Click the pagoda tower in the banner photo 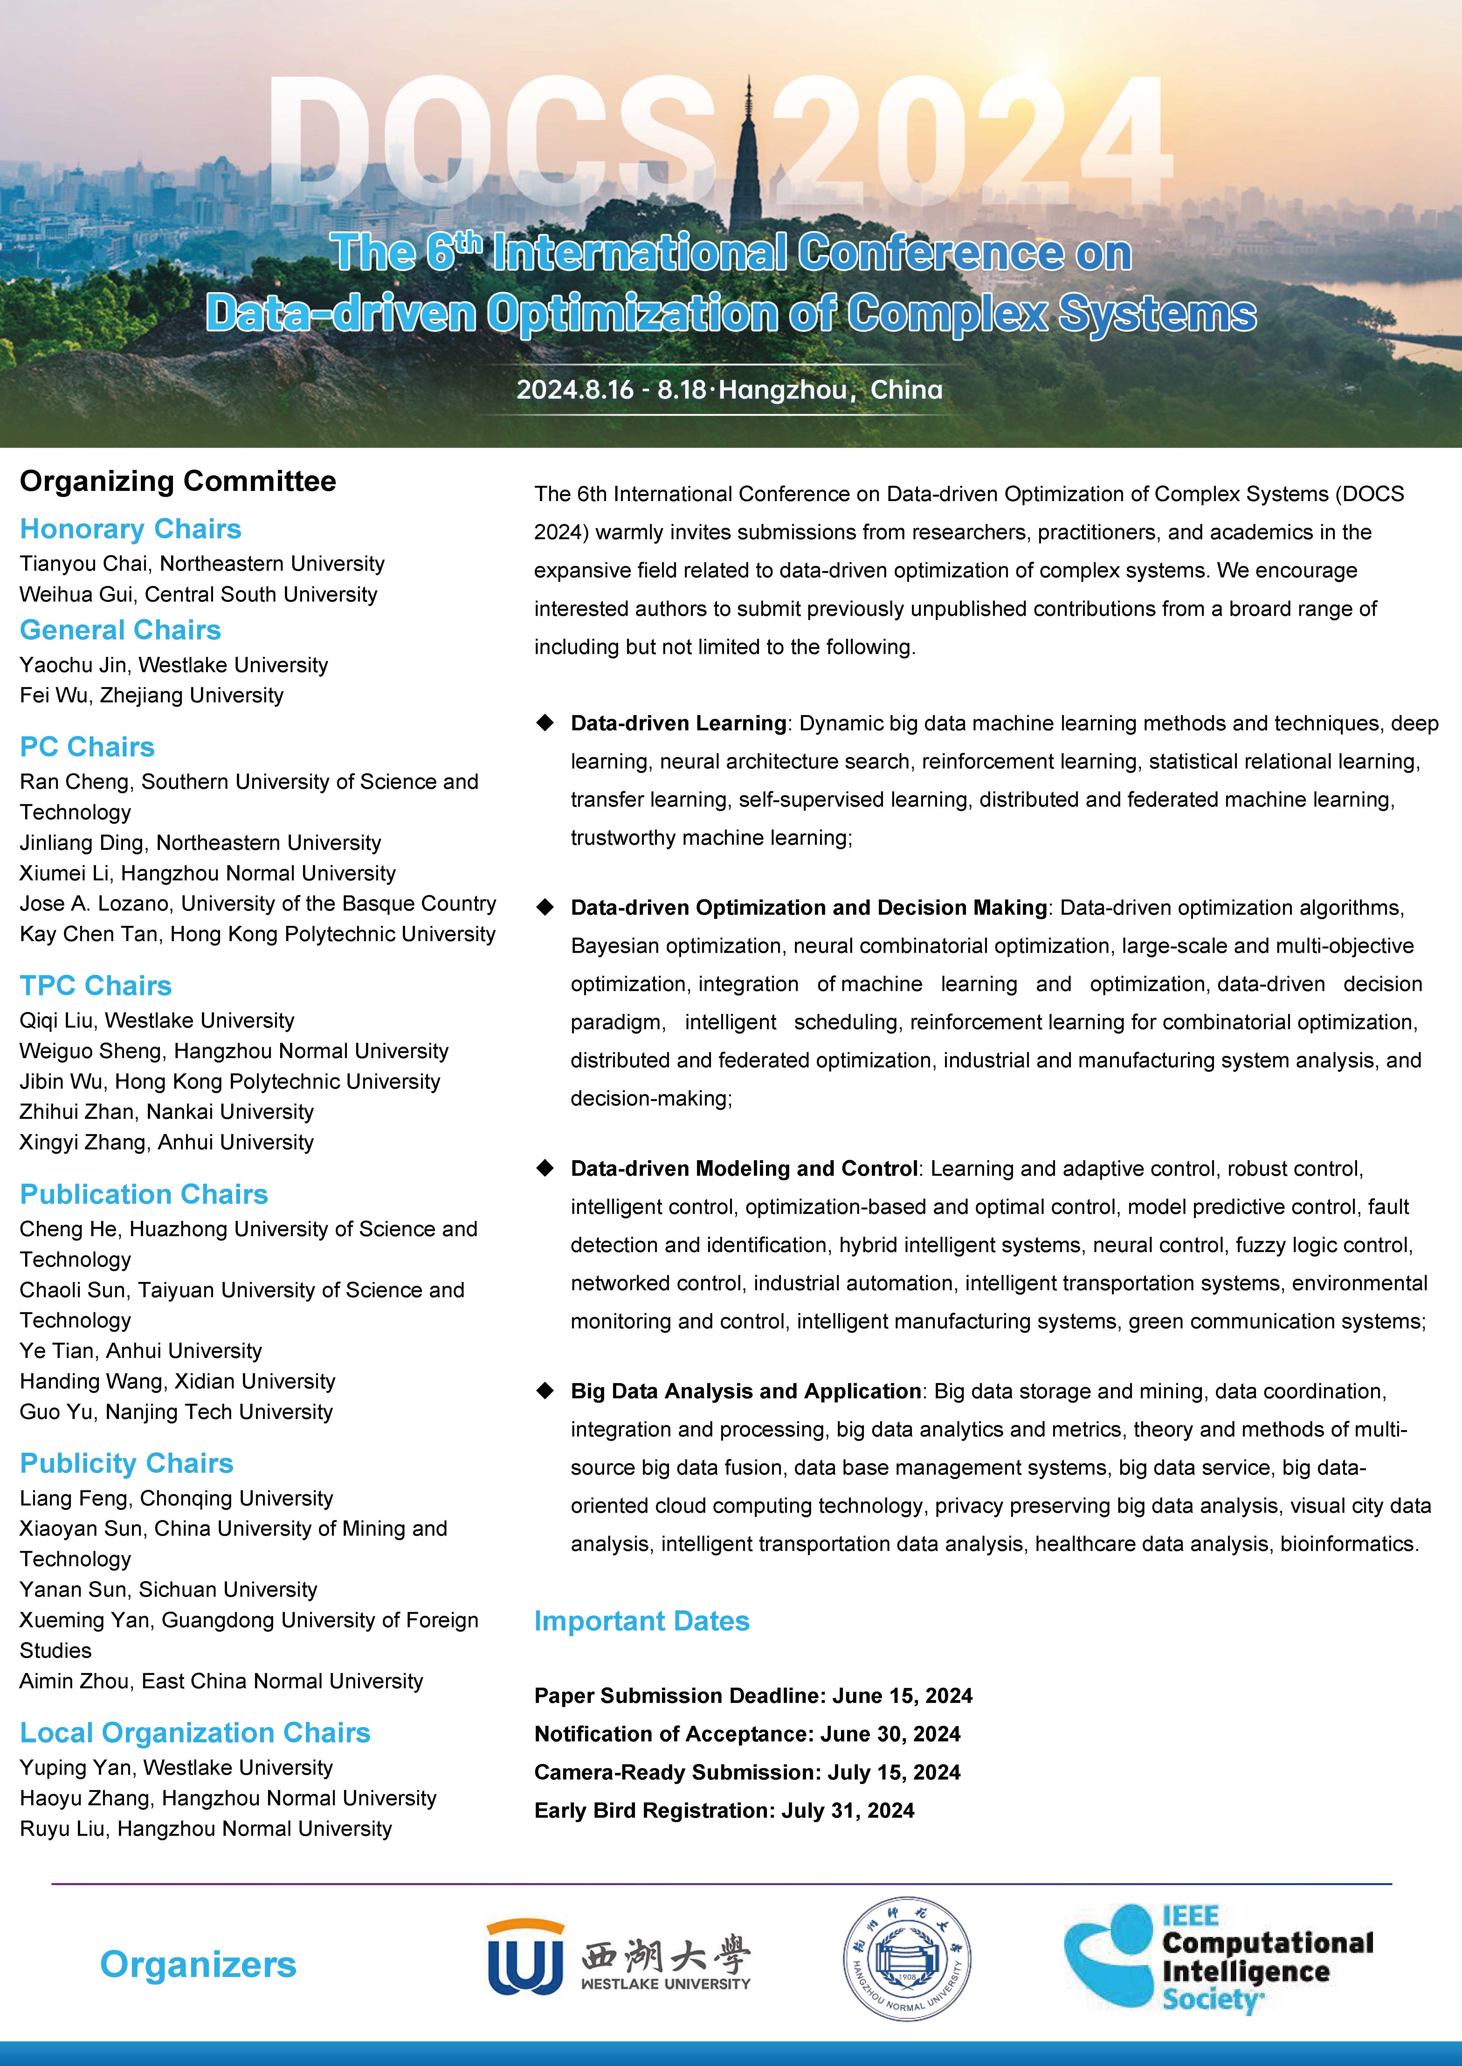click(745, 162)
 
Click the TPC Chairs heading click(95, 986)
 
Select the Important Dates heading click(641, 1620)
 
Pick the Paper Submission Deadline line click(753, 1696)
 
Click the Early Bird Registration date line click(724, 1810)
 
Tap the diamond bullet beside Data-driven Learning click(545, 723)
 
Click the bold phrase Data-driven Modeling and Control click(744, 1168)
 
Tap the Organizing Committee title click(177, 482)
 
